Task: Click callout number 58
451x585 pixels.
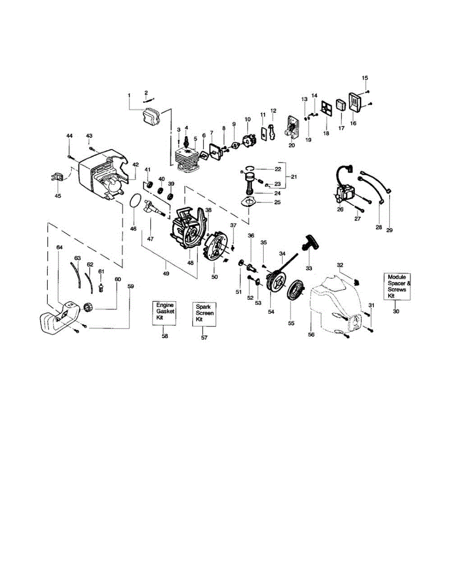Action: pyautogui.click(x=165, y=336)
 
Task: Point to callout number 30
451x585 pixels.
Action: pyautogui.click(x=395, y=311)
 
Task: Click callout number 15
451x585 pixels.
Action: pyautogui.click(x=365, y=78)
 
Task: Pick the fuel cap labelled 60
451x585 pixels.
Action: pyautogui.click(x=89, y=307)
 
